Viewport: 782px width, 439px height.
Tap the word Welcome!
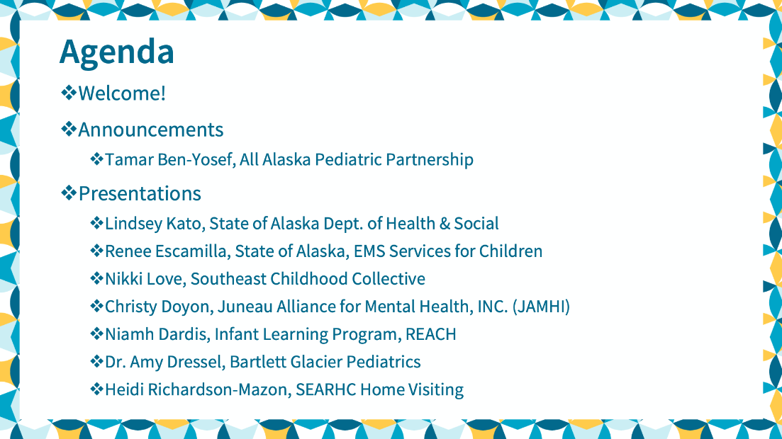(122, 93)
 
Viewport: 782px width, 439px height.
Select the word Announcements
(150, 130)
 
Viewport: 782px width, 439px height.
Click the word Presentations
(140, 193)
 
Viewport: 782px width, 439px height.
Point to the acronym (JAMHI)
(541, 307)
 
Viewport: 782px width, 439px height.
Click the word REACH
(431, 334)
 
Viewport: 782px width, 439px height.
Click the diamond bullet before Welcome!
(68, 93)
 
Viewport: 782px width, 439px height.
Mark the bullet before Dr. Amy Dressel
(96, 361)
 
